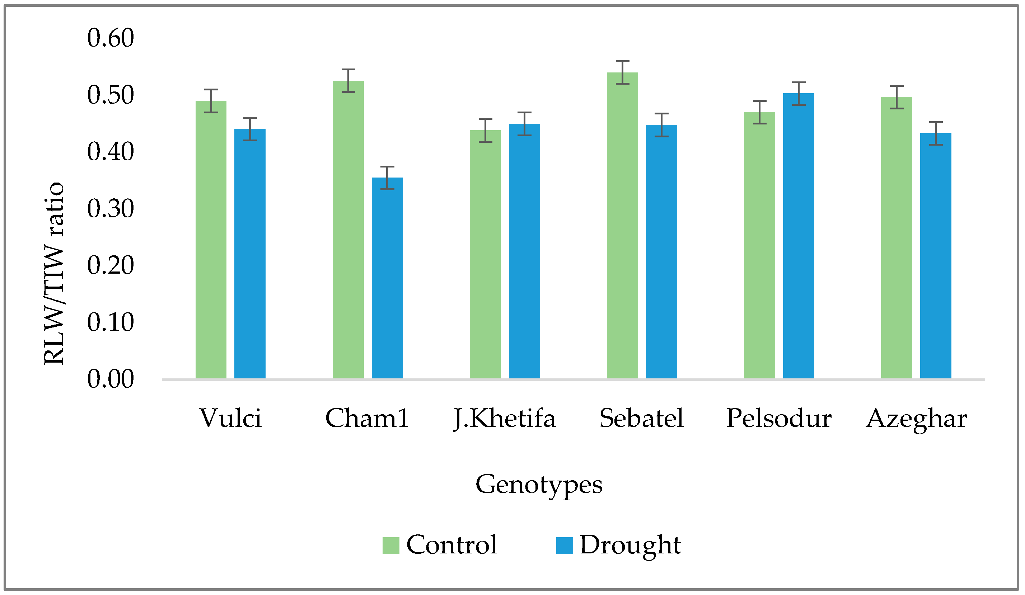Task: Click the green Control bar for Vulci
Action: [x=211, y=240]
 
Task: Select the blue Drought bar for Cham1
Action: [x=387, y=278]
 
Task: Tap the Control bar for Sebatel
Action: [x=622, y=226]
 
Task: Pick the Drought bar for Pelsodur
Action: [x=799, y=236]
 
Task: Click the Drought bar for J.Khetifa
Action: [x=524, y=251]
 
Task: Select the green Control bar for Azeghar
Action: [x=897, y=238]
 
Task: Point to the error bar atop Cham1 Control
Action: [x=348, y=80]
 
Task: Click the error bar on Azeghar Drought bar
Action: [x=936, y=133]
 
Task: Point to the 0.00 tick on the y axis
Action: [x=110, y=379]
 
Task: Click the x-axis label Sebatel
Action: [x=641, y=418]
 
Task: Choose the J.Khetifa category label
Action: [x=504, y=419]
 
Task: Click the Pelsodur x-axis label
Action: [x=778, y=418]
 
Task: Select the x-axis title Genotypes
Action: [x=539, y=485]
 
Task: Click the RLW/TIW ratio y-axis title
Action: [x=54, y=274]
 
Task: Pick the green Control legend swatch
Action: [x=390, y=546]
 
